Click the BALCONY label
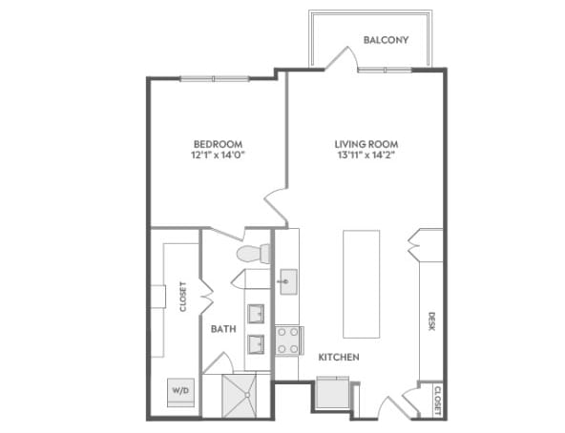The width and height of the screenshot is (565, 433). [386, 40]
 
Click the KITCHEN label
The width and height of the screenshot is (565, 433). [338, 357]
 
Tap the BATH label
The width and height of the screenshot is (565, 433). [223, 329]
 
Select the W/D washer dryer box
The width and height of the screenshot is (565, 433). [179, 391]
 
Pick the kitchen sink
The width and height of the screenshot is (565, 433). [287, 281]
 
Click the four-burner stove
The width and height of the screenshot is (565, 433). [288, 340]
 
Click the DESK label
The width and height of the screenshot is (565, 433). [431, 322]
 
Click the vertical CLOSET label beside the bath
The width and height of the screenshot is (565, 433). [182, 297]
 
